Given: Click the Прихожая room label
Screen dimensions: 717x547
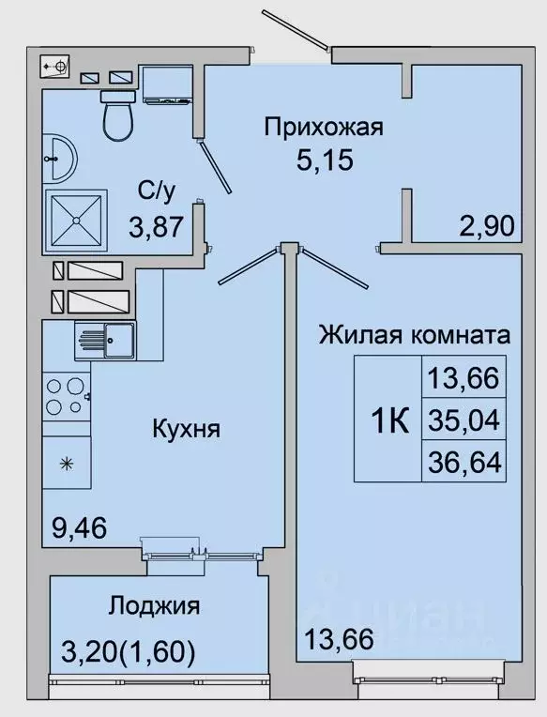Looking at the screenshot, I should pyautogui.click(x=324, y=127).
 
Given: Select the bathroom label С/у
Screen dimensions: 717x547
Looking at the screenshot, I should pyautogui.click(x=157, y=192).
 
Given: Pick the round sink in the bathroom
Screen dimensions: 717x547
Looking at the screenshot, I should pyautogui.click(x=59, y=160).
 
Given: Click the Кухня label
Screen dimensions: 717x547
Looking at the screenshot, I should pyautogui.click(x=186, y=430).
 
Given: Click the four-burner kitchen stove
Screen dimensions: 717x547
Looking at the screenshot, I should pyautogui.click(x=66, y=396).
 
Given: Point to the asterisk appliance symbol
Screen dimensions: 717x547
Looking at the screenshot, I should pyautogui.click(x=67, y=464).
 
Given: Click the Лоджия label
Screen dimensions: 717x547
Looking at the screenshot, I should pyautogui.click(x=154, y=605).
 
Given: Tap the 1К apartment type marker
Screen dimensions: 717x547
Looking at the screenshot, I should pyautogui.click(x=388, y=420).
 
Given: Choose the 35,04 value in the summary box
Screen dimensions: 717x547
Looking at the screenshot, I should pyautogui.click(x=464, y=419).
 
